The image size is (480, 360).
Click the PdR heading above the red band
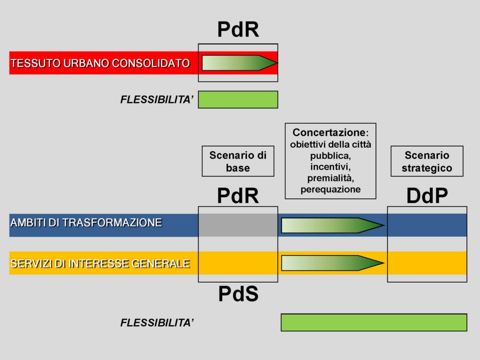coord(238,30)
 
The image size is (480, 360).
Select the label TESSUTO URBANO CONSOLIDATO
coord(100,63)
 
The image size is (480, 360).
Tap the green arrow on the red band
coord(240,63)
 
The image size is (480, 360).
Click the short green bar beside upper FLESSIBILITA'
coord(238,99)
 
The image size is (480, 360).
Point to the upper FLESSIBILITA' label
coord(157,99)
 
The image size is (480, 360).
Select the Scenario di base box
coord(238,161)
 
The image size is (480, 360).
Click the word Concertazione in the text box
coord(329,132)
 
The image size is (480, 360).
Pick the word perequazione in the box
coord(330,189)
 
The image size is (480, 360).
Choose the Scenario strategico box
coord(427,161)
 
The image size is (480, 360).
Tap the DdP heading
coord(427,195)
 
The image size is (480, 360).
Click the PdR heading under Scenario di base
coord(238,195)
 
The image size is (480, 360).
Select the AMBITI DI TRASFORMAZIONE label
coord(86,223)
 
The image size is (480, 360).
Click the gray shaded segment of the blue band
coord(238,225)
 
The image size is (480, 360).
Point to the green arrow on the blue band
coord(333,225)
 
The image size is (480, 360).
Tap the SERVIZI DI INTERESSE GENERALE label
coord(100,263)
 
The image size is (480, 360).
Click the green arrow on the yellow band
coord(333,263)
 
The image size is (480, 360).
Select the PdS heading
coord(238,294)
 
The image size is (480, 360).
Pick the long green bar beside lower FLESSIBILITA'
coord(374,322)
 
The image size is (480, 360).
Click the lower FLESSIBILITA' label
coord(157,322)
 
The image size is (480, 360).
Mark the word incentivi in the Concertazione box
coord(330,167)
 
